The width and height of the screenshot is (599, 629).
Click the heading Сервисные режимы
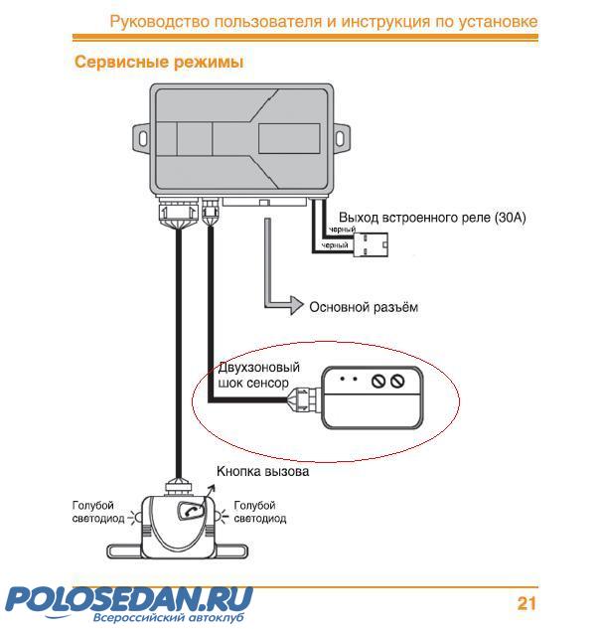159,63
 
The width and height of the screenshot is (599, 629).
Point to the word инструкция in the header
377,21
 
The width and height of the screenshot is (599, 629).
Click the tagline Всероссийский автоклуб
168,617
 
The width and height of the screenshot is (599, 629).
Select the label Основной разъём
364,307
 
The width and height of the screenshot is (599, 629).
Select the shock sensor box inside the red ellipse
374,395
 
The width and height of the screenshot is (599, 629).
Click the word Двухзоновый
258,368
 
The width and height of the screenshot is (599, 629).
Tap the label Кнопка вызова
263,471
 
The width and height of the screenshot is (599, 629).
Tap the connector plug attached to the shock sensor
301,400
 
